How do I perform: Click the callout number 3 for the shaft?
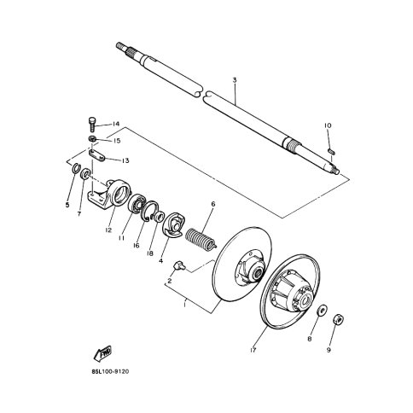click(234, 80)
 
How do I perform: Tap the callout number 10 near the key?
click(326, 125)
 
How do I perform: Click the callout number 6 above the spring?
click(212, 203)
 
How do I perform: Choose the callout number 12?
click(109, 229)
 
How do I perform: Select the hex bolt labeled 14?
click(92, 125)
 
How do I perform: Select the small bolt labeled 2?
click(180, 265)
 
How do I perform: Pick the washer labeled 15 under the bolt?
click(93, 138)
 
